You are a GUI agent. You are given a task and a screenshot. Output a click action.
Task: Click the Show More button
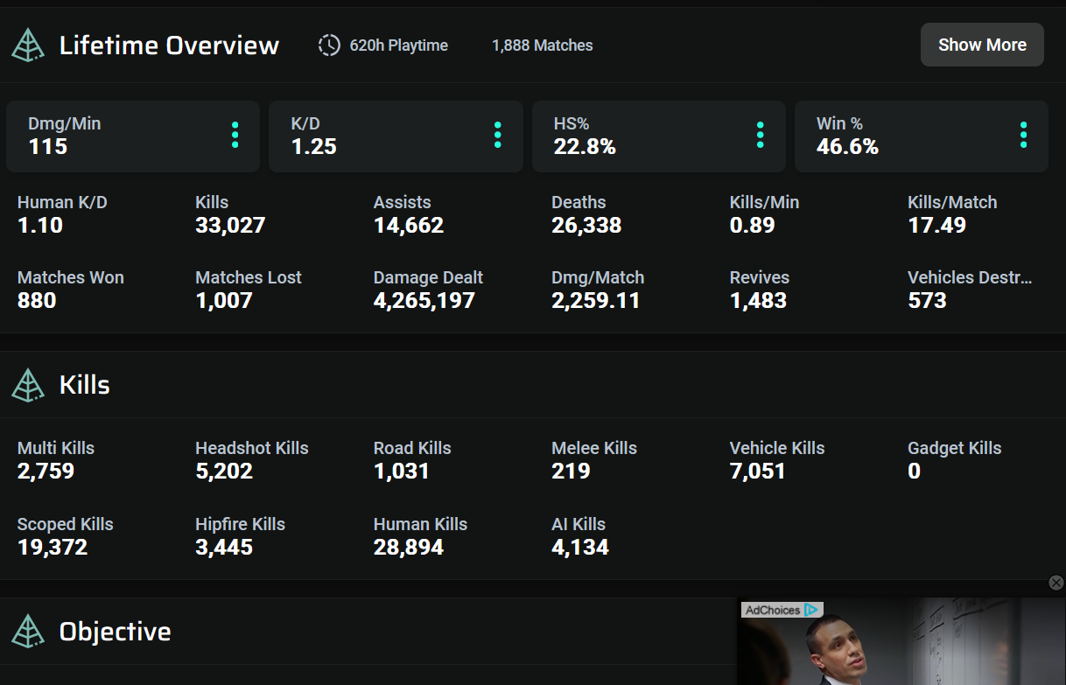(x=982, y=45)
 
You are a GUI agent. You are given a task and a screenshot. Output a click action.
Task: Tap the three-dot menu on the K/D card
(x=497, y=135)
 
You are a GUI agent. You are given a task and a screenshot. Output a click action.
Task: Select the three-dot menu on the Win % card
(x=1023, y=135)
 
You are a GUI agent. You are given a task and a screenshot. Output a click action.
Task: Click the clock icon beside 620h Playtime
(x=329, y=45)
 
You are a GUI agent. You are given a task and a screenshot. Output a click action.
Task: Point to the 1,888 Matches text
(x=542, y=45)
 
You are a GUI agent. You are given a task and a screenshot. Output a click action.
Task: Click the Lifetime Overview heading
(x=169, y=45)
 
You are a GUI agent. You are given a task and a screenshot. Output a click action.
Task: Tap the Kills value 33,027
(x=230, y=226)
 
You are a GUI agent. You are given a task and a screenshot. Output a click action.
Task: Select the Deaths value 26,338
(x=586, y=226)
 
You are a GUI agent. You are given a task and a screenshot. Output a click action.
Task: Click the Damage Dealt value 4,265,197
(x=424, y=301)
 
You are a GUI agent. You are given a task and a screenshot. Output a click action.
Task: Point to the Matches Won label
(x=71, y=277)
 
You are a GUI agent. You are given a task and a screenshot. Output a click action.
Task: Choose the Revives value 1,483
(x=758, y=301)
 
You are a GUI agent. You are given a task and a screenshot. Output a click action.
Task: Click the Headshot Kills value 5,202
(x=224, y=472)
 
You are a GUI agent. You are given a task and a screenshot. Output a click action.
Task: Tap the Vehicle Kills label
(x=777, y=448)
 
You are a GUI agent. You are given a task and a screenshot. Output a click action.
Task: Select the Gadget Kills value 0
(x=914, y=472)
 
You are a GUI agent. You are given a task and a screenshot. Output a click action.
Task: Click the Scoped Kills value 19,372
(x=53, y=548)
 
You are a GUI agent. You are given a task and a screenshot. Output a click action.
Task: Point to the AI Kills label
(x=579, y=524)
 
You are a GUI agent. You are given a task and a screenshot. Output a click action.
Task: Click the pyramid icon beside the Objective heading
(x=28, y=632)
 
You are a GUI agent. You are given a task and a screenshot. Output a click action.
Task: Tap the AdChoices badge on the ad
(x=781, y=610)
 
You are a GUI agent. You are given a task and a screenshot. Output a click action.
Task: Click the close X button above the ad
(x=1056, y=583)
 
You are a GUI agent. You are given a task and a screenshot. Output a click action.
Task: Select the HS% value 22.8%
(x=585, y=147)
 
